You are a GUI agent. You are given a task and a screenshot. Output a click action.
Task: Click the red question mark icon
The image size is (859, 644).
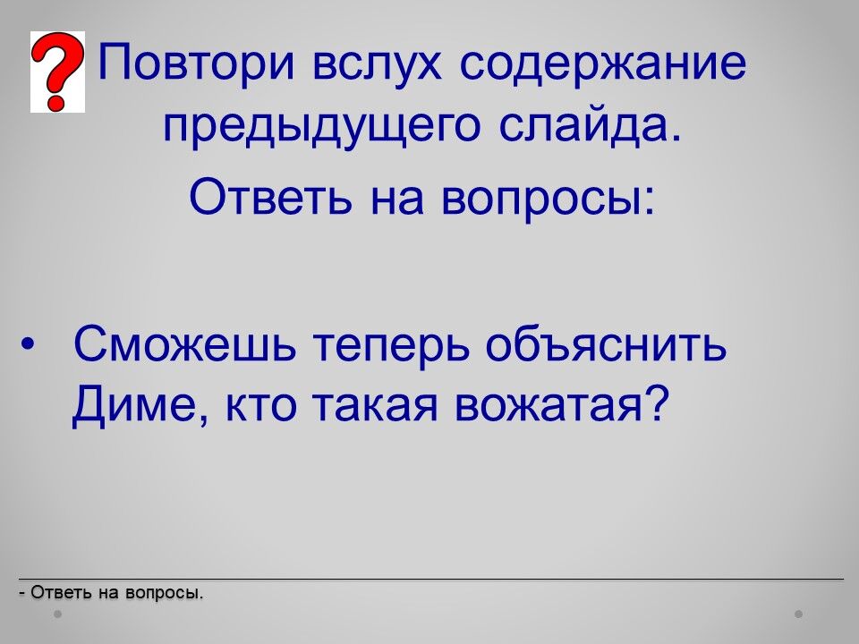coord(57,72)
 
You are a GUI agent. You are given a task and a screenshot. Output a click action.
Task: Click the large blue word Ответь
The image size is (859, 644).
coord(270,197)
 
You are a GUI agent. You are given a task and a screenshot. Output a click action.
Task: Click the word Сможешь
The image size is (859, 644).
coord(184,344)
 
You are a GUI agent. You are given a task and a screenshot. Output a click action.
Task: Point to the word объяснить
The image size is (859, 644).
coord(607,344)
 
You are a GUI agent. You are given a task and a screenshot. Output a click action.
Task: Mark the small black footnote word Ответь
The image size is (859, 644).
coord(62,593)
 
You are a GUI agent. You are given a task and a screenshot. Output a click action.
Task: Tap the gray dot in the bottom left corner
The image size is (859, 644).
coord(57,614)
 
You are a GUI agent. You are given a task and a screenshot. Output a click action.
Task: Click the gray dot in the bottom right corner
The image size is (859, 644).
coord(799,614)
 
